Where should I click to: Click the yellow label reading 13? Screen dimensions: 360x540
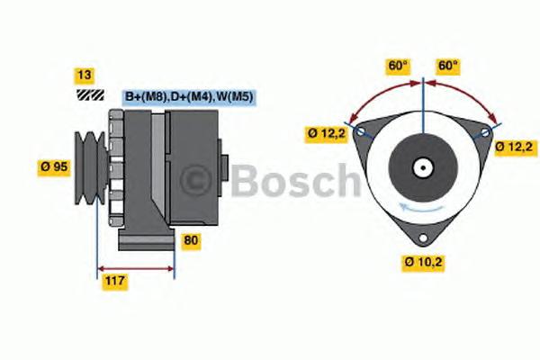point(85,75)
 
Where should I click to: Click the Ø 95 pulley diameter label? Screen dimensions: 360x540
point(54,166)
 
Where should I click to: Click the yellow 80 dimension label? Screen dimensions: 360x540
point(191,240)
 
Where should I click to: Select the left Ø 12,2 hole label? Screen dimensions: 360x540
point(326,134)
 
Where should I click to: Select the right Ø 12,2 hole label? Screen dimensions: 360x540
point(517,145)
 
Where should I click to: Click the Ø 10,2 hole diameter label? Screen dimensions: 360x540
point(423,262)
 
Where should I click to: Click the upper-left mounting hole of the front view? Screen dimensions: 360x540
point(362,131)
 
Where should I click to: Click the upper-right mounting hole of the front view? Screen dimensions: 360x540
point(486,131)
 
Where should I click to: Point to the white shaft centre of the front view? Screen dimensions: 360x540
point(423,167)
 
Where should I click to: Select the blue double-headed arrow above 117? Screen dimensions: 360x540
point(135,268)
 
